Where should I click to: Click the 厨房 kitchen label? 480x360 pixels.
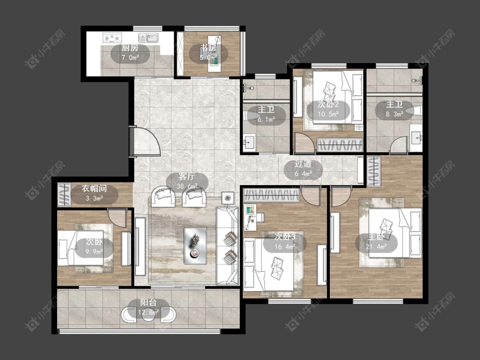(x=130, y=48)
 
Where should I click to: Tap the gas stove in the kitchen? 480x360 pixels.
(x=112, y=38)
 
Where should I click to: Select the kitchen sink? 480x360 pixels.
(x=148, y=38)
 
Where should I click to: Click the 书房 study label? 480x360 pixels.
(x=209, y=48)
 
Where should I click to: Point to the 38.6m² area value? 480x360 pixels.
(x=187, y=186)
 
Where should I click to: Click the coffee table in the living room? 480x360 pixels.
(x=195, y=246)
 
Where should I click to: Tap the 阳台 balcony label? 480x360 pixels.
(x=148, y=303)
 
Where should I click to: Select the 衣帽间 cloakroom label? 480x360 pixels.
(x=94, y=189)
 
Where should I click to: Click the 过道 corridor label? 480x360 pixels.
(x=303, y=164)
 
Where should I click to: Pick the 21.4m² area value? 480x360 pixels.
(x=376, y=247)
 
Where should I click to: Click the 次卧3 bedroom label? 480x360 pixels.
(x=285, y=236)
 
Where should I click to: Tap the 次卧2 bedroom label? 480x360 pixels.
(x=328, y=105)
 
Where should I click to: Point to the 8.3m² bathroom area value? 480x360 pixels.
(x=394, y=114)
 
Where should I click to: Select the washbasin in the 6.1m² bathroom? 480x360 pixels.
(x=250, y=142)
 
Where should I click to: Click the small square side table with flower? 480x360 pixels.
(x=228, y=198)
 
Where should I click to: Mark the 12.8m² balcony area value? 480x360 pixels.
(x=148, y=313)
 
